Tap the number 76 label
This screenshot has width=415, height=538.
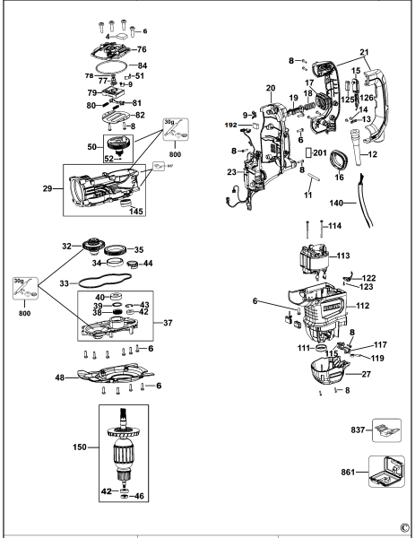point(141,48)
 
